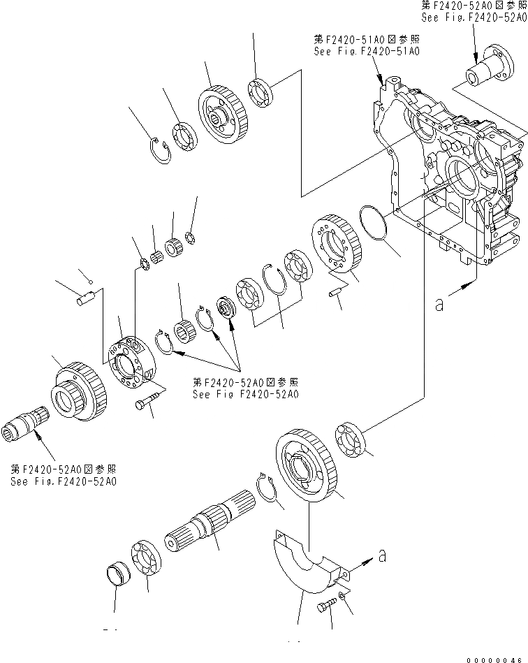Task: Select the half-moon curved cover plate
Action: click(x=305, y=559)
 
